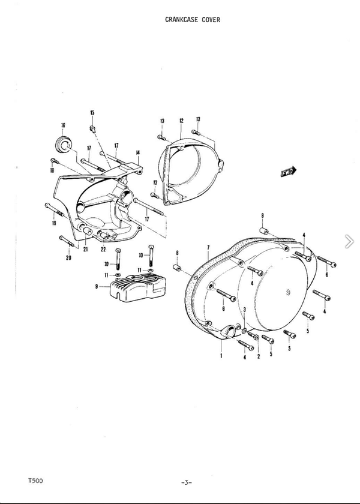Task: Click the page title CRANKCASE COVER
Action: (x=193, y=20)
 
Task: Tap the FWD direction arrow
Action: (x=289, y=172)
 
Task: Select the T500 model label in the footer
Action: (x=35, y=481)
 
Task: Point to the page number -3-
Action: (x=187, y=482)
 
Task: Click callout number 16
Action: (x=63, y=125)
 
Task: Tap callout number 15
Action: (x=92, y=113)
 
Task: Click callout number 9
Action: (x=97, y=286)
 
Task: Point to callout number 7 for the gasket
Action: (x=208, y=247)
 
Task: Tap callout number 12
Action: (x=181, y=121)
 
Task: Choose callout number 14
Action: (x=137, y=152)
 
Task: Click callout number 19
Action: (x=53, y=223)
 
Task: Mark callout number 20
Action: (x=68, y=257)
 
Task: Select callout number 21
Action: (x=85, y=249)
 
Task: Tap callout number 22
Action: (x=103, y=250)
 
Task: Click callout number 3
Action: (x=245, y=309)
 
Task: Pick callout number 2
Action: (x=259, y=356)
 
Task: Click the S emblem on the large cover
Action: (x=288, y=293)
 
